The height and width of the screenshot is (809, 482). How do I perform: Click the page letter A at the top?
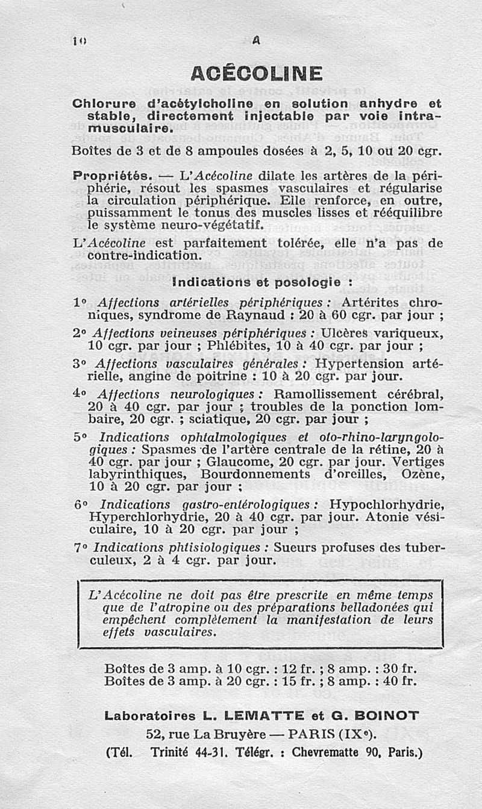[x=256, y=40]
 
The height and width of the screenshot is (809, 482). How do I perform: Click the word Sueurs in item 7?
[x=294, y=548]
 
